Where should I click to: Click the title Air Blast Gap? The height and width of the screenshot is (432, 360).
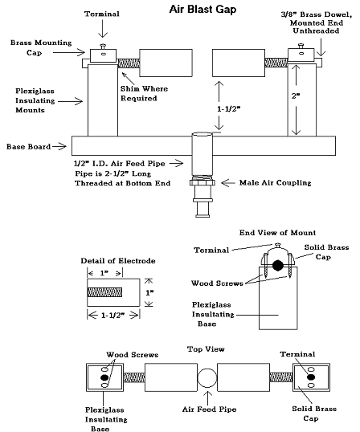pos(202,9)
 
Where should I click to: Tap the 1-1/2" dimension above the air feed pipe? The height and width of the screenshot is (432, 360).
pos(228,109)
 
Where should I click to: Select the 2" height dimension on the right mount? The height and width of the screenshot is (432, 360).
pos(296,96)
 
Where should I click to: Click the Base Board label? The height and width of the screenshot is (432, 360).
pos(28,147)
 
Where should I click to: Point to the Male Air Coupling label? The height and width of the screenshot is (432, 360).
pos(275,182)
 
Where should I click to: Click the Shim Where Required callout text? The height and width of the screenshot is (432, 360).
pos(144,93)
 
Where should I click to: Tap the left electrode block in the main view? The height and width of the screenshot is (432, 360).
pos(166,63)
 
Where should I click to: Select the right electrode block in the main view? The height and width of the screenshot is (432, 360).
pos(239,63)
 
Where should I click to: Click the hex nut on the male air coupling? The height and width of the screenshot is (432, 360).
pos(202,182)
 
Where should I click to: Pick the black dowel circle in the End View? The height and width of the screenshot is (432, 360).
pos(277,265)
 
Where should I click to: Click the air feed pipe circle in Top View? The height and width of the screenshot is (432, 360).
pos(207,377)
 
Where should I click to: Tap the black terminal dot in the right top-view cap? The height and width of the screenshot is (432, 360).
pos(311,377)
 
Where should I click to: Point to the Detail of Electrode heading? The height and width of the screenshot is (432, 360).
pos(118,261)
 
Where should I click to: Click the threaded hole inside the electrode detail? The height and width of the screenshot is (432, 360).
pos(104,292)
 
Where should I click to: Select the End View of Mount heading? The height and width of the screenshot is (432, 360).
pos(277,233)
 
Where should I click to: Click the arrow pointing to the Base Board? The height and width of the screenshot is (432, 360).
pos(59,147)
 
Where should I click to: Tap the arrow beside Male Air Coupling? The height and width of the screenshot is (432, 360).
pos(228,182)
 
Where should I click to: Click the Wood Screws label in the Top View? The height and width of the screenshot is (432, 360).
pos(133,355)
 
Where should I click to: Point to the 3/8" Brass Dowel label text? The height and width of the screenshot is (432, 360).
pos(317,22)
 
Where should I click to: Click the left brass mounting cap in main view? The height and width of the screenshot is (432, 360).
pos(103,55)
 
